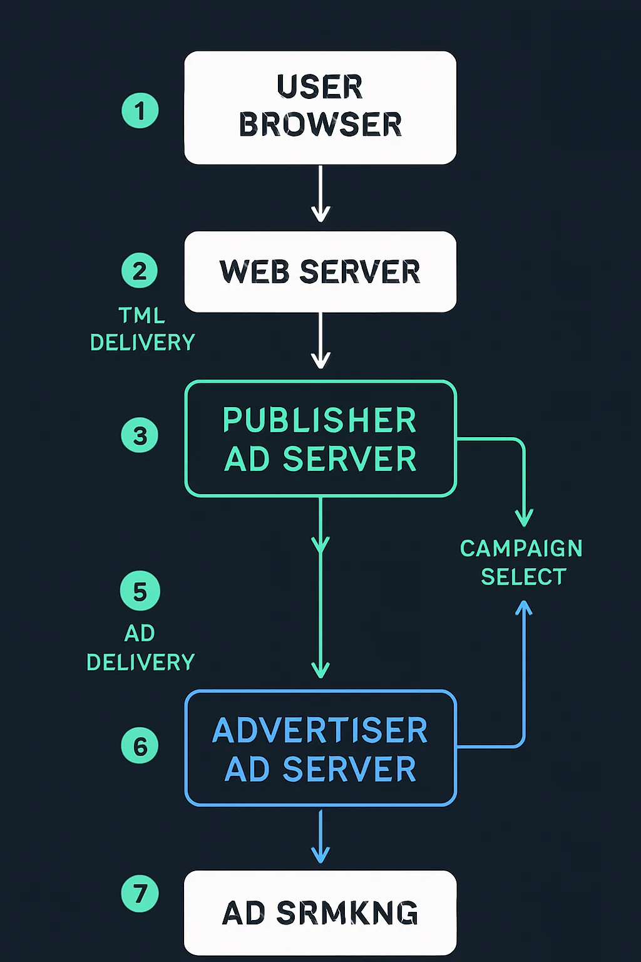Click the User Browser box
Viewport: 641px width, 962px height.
(320, 108)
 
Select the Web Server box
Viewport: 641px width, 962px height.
(320, 272)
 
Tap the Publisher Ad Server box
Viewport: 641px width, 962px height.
(320, 438)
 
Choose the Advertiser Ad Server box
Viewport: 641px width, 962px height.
(320, 748)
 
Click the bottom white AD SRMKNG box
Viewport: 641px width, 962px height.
(320, 913)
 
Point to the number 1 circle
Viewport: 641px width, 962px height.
(140, 111)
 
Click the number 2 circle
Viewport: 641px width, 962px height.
(140, 271)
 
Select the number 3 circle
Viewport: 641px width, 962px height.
(140, 435)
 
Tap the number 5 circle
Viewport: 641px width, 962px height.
(140, 591)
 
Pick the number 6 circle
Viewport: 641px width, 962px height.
(140, 746)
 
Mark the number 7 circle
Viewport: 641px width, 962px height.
(140, 894)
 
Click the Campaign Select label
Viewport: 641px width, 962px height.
(522, 562)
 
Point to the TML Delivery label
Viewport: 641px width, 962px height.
(142, 329)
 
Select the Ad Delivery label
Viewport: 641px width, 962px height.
(140, 648)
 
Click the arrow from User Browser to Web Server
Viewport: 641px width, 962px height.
(320, 194)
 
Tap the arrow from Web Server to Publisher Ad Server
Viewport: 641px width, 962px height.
(320, 341)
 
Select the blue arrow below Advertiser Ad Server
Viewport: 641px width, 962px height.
(320, 837)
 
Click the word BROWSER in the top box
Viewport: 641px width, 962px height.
(320, 125)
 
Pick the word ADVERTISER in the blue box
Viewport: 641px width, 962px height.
(320, 730)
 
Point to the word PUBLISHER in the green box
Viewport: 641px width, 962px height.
(319, 420)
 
